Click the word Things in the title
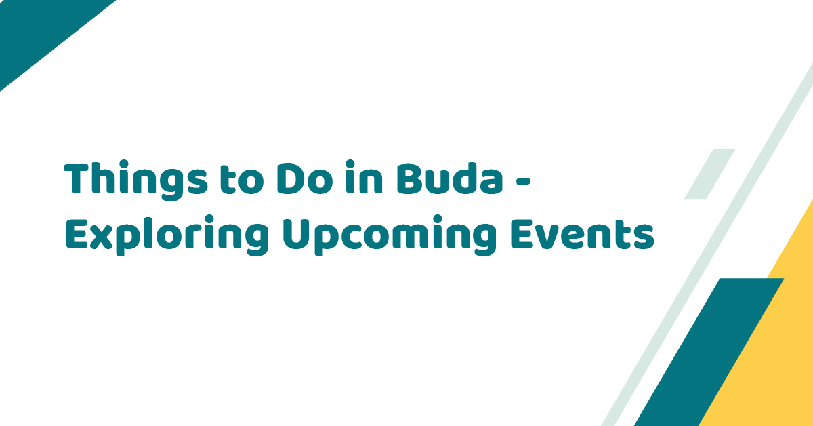point(136,180)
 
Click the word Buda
point(450,178)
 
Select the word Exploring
point(167,235)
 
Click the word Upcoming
point(390,235)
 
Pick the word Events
point(583,234)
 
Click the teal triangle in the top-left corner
point(38,31)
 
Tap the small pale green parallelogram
point(709,174)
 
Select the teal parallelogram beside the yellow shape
point(709,352)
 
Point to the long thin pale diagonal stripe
point(707,244)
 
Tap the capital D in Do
point(290,178)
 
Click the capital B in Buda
point(409,178)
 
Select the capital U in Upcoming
point(296,234)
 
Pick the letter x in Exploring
point(100,237)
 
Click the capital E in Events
point(522,234)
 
